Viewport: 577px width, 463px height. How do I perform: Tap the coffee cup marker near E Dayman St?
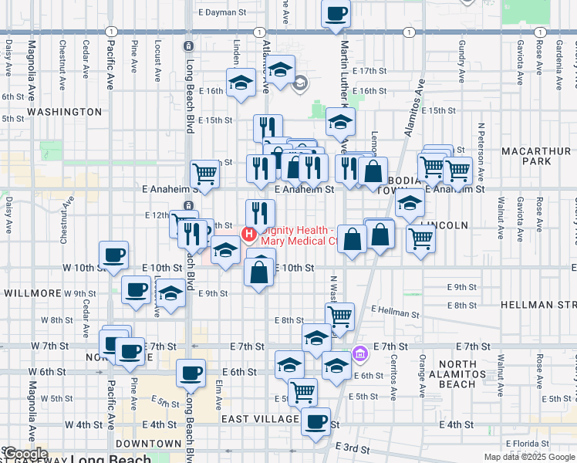336,14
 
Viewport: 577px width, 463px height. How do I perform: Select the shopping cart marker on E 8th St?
339,316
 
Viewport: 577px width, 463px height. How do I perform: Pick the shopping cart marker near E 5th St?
302,391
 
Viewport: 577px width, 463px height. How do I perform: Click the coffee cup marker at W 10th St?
113,255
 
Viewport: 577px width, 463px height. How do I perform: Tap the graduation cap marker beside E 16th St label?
241,83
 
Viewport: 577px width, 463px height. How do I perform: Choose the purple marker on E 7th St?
359,354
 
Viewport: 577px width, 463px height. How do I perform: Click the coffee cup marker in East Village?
315,421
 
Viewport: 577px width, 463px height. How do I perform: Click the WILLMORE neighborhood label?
32,294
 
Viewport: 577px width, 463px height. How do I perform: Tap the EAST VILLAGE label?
260,419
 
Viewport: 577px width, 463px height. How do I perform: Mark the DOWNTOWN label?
148,444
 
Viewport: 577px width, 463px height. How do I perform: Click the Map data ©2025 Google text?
528,457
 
